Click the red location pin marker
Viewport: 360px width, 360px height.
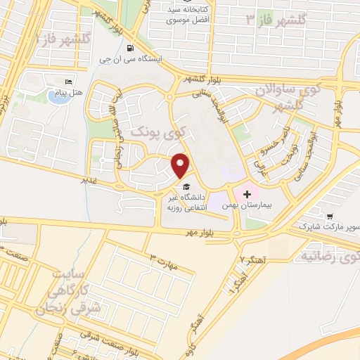(x=181, y=165)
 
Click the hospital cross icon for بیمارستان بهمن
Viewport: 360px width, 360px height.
(x=247, y=193)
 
